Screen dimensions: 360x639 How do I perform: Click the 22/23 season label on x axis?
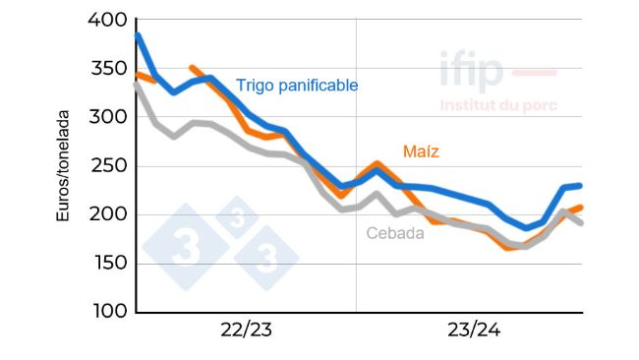coord(247,330)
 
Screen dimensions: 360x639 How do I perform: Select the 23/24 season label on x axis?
coord(474,330)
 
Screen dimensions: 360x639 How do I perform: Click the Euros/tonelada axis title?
coord(63,166)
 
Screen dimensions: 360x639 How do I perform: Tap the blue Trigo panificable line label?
coord(296,86)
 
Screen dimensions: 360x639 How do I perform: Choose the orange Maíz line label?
coord(421,151)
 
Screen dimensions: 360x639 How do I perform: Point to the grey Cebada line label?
coord(395,233)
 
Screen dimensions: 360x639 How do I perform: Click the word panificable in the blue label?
coord(319,86)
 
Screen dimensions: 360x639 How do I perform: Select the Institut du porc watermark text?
coord(498,104)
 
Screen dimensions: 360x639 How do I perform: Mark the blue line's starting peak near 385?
coord(138,36)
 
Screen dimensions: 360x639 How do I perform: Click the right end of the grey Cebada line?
coord(581,222)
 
